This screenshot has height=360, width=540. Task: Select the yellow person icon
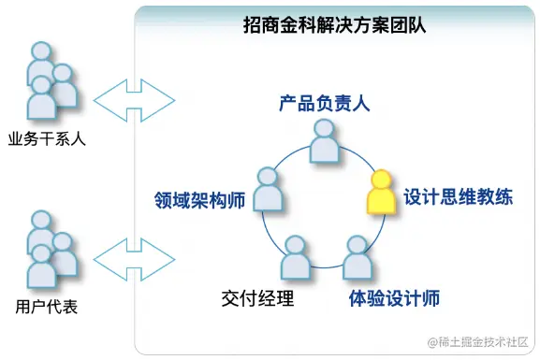pos(381,192)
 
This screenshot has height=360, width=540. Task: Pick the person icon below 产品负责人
pos(323,145)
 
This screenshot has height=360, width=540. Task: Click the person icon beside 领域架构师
pos(267,190)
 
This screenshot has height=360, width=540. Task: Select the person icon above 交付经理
pos(295,258)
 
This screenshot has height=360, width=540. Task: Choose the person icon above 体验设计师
pos(357,258)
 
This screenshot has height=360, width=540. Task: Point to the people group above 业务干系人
pos(49,81)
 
